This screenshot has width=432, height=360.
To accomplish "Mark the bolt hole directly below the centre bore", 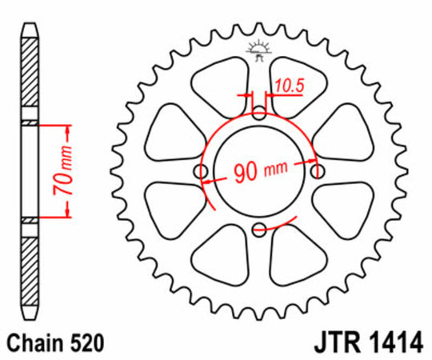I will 258,231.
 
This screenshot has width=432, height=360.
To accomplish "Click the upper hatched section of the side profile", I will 30,72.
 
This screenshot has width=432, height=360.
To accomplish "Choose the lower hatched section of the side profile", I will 30,268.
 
